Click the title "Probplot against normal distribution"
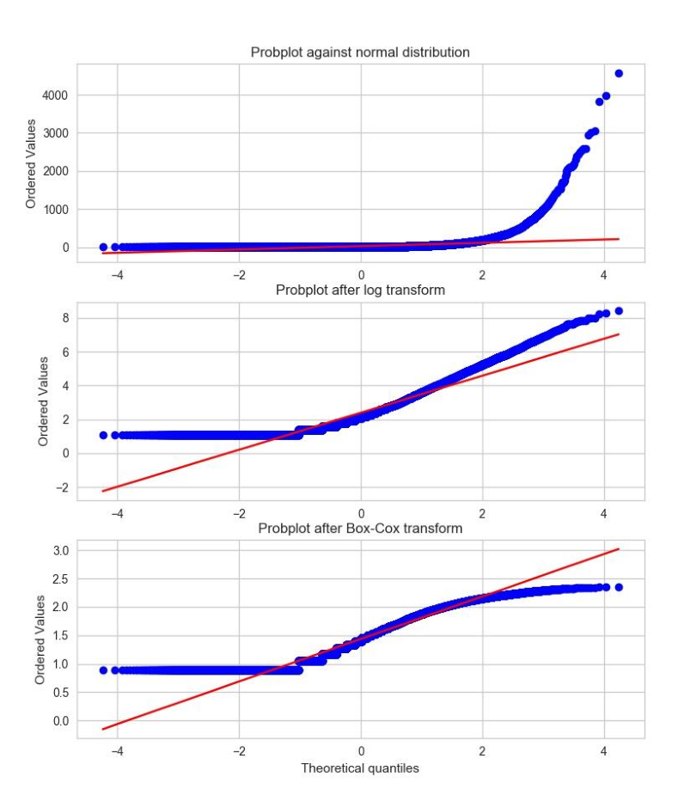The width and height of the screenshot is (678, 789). pyautogui.click(x=360, y=52)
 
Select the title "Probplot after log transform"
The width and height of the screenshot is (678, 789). pyautogui.click(x=360, y=290)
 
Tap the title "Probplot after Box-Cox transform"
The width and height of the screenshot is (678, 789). pyautogui.click(x=360, y=528)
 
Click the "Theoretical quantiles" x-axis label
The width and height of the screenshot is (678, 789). pyautogui.click(x=360, y=768)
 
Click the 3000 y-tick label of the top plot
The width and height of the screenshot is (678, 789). pyautogui.click(x=54, y=133)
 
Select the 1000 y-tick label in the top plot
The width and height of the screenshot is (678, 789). pyautogui.click(x=54, y=209)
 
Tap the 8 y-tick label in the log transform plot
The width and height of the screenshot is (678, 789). pyautogui.click(x=64, y=318)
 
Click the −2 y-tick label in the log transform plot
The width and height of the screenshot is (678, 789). pyautogui.click(x=60, y=487)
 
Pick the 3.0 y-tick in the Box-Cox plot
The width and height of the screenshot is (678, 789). pyautogui.click(x=59, y=550)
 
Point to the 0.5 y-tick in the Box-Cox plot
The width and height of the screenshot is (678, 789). pyautogui.click(x=59, y=692)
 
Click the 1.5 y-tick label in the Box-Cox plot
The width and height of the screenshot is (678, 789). pyautogui.click(x=59, y=635)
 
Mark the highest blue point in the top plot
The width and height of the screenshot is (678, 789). pyautogui.click(x=619, y=74)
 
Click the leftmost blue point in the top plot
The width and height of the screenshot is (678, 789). pyautogui.click(x=103, y=247)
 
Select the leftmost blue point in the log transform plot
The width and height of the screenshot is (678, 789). pyautogui.click(x=103, y=435)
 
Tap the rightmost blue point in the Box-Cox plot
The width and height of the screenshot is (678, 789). pyautogui.click(x=619, y=587)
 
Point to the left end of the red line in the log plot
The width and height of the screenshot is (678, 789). pyautogui.click(x=103, y=491)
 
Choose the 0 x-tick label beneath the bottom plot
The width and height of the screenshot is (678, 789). pyautogui.click(x=361, y=750)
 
